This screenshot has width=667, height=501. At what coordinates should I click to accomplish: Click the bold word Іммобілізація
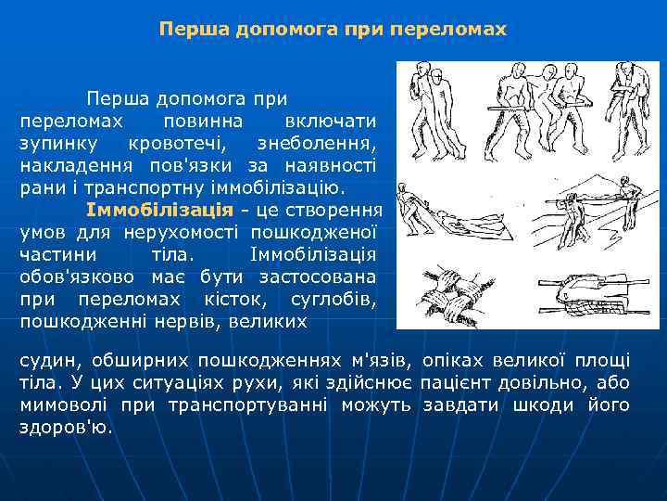140,207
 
